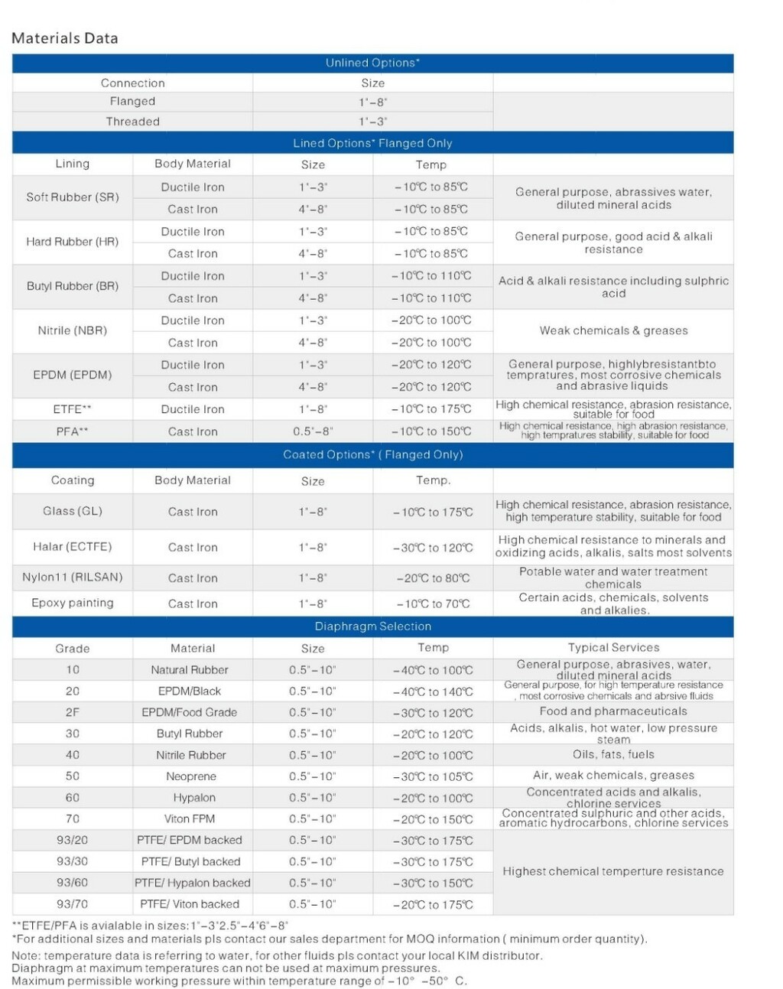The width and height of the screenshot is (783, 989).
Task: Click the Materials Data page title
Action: (65, 38)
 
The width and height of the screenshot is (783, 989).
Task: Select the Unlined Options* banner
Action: (372, 63)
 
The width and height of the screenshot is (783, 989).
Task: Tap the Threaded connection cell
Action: (132, 121)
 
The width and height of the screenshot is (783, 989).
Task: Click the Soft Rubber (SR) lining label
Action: (73, 197)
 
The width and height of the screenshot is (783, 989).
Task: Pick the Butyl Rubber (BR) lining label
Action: (73, 286)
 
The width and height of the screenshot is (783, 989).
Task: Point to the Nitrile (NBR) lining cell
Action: (73, 330)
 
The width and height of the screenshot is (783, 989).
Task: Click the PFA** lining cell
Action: (73, 431)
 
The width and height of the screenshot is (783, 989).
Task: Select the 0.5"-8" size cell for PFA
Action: (313, 431)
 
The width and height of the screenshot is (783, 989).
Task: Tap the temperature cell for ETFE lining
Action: (432, 409)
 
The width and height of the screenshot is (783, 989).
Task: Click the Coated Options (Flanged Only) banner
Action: (372, 454)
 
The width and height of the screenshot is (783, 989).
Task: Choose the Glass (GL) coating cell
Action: (73, 511)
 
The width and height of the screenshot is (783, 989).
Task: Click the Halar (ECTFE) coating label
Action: (73, 547)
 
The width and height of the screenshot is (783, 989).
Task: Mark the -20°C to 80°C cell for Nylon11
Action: (433, 578)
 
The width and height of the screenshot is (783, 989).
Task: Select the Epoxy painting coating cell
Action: (73, 603)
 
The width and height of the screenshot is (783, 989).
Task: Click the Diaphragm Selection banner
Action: (372, 626)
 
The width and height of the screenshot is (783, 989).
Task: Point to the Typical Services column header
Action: (613, 648)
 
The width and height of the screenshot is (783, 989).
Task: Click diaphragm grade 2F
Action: (73, 712)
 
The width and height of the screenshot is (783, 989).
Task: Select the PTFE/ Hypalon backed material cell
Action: (193, 883)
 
